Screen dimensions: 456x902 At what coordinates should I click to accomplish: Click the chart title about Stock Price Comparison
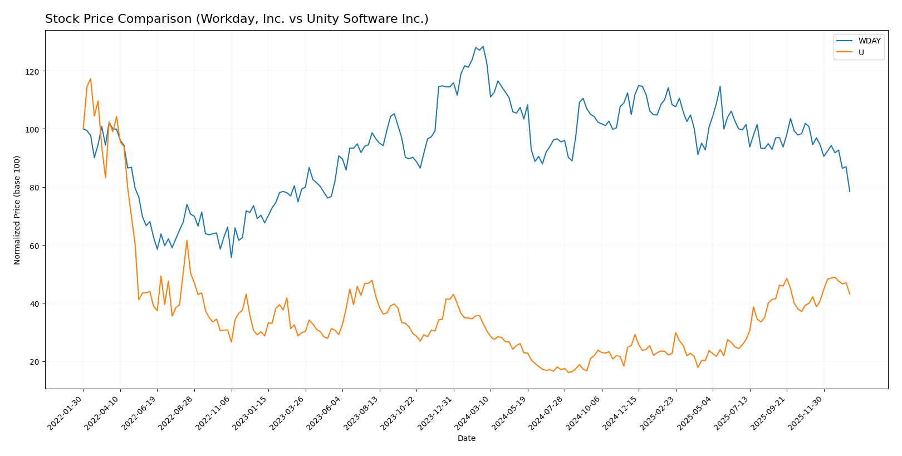click(237, 19)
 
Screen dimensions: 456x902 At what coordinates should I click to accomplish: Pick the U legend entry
click(861, 53)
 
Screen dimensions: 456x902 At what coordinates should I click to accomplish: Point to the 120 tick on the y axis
click(34, 72)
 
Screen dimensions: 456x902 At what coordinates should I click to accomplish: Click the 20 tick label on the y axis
click(36, 362)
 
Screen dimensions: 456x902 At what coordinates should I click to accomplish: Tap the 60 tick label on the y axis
click(36, 246)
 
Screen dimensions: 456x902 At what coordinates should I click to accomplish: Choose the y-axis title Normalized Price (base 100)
click(17, 210)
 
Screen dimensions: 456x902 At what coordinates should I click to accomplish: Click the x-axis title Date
click(466, 439)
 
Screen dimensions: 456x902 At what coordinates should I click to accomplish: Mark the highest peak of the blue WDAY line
click(483, 46)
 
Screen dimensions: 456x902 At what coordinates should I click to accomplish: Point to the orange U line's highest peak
click(91, 79)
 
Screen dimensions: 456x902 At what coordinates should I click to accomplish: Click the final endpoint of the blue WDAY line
click(850, 192)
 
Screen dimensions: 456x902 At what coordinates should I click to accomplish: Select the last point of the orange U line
click(850, 294)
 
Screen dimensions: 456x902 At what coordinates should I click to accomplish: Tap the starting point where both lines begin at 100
click(83, 129)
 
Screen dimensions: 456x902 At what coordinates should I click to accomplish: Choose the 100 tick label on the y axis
click(34, 130)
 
